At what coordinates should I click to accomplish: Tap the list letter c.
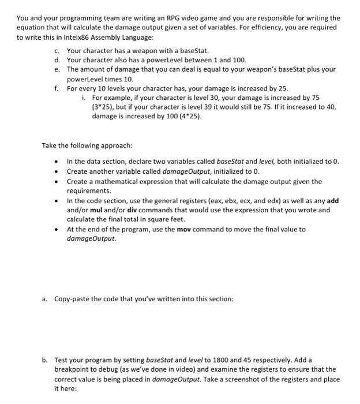(x=57, y=51)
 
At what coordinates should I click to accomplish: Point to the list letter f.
(x=57, y=88)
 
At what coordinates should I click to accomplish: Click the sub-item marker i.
(x=84, y=98)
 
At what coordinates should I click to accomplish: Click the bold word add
(x=333, y=201)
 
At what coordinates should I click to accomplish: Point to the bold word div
(x=130, y=210)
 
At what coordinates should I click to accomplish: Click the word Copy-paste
(x=74, y=298)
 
